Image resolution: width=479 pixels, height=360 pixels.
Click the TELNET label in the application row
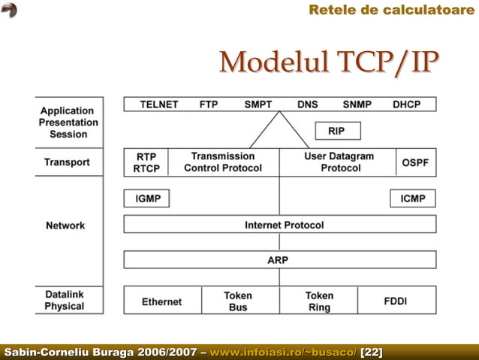coord(159,104)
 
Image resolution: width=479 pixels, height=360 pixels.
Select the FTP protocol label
coord(209,104)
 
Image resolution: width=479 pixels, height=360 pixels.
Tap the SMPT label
coord(258,104)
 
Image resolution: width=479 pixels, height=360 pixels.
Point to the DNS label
coord(307,104)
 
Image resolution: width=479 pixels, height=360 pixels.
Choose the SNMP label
coord(357,104)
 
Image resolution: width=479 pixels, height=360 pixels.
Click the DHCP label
coord(407,104)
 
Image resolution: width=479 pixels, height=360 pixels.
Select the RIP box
coord(337,131)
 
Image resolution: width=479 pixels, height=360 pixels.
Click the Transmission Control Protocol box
coord(223,162)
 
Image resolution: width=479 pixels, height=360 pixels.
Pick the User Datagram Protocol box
coord(338,162)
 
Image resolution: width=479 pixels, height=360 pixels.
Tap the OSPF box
coord(415,162)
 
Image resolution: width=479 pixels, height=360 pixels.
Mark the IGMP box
coord(146,198)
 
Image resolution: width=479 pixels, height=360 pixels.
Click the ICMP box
coord(413,198)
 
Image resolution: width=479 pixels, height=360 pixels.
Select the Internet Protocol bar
coord(280,225)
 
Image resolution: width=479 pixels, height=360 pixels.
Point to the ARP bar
coord(280,260)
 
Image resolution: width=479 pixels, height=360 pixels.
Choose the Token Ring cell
coord(319,301)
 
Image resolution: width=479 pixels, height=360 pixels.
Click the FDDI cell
coord(396,301)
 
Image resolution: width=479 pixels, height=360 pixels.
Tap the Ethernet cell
coord(162,301)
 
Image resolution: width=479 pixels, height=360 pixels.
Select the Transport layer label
coord(67,162)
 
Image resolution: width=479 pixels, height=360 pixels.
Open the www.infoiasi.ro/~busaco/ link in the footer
coord(284,352)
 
